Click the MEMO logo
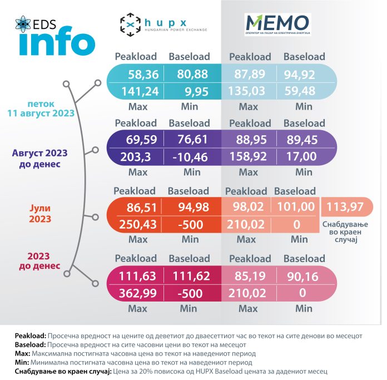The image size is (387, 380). [277, 23]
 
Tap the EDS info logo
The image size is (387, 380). [54, 36]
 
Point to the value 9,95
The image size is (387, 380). [189, 91]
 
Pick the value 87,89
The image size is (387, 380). [250, 73]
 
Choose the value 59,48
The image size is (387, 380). [304, 91]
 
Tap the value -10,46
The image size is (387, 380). [189, 157]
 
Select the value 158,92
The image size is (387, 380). [250, 157]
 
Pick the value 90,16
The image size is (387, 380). [304, 275]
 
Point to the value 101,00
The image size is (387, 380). [295, 208]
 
